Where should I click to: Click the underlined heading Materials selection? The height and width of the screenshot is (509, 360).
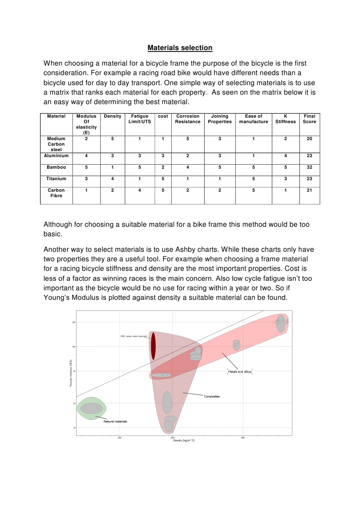tap(180, 48)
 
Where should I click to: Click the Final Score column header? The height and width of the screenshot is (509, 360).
tap(309, 119)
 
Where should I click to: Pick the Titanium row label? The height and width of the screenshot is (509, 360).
tap(56, 178)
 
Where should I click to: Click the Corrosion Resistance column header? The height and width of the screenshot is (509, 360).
tap(188, 119)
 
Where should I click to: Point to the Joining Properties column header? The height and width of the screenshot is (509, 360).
tap(219, 119)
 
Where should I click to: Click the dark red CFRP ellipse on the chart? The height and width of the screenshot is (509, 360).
tap(153, 346)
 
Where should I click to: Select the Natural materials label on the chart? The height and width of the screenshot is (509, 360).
tap(115, 421)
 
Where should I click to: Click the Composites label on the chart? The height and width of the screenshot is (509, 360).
tap(212, 396)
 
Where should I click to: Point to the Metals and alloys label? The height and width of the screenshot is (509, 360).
tap(240, 372)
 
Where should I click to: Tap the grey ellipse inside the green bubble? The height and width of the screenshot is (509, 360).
tap(92, 408)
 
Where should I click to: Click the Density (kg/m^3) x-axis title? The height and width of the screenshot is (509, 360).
tap(183, 440)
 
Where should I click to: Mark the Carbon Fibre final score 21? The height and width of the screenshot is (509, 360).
tap(309, 191)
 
